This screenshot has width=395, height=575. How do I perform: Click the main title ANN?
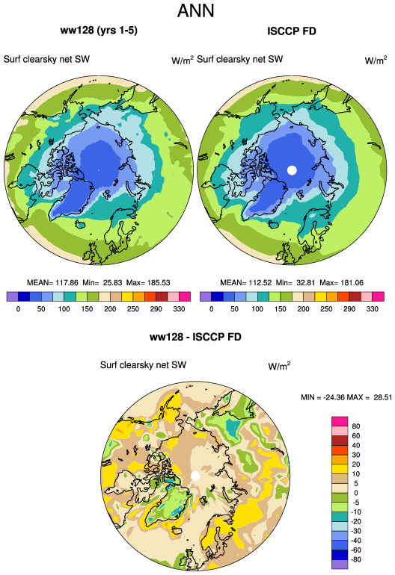[x=195, y=10]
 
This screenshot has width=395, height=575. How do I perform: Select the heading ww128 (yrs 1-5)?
[x=99, y=30]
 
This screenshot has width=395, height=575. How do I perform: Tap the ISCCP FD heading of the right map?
[x=292, y=31]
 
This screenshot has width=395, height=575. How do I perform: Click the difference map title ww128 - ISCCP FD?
[x=195, y=337]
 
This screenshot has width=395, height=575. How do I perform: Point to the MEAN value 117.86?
[x=67, y=283]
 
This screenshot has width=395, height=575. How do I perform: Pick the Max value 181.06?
[x=352, y=283]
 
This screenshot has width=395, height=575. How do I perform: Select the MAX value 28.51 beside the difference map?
[x=383, y=397]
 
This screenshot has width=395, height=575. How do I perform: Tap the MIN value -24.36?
[x=331, y=397]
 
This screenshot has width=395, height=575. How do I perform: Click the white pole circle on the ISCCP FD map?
[x=292, y=170]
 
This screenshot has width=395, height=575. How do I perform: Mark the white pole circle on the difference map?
[x=195, y=476]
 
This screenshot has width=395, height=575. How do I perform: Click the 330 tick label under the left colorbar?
[x=179, y=308]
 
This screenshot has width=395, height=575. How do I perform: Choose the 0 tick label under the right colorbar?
[x=211, y=308]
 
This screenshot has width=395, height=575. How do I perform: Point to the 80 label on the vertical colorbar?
[x=355, y=426]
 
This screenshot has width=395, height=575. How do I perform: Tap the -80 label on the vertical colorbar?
[x=356, y=559]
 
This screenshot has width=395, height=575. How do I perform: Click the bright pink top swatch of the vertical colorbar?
[x=340, y=421]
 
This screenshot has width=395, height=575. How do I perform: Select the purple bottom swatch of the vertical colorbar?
[x=340, y=565]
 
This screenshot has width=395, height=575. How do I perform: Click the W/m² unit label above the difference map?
[x=279, y=366]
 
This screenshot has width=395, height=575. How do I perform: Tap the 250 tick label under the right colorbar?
[x=326, y=308]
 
